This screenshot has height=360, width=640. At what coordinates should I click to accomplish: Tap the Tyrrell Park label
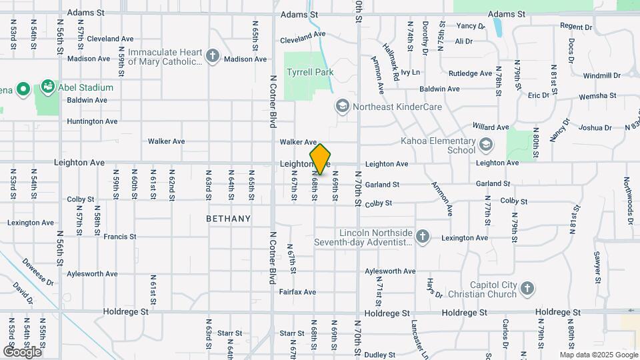pyautogui.click(x=309, y=71)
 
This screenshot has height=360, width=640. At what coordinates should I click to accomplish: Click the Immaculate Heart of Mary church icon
pyautogui.click(x=213, y=56)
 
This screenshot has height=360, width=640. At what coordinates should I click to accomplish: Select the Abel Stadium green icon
pyautogui.click(x=47, y=87)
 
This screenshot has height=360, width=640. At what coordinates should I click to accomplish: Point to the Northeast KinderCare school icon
pyautogui.click(x=342, y=106)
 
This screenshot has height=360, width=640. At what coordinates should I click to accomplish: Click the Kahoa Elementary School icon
pyautogui.click(x=486, y=144)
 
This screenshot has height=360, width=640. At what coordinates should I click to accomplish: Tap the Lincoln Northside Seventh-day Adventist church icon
pyautogui.click(x=422, y=236)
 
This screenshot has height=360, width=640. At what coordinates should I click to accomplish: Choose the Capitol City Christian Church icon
pyautogui.click(x=527, y=289)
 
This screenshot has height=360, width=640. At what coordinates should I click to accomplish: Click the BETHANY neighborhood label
pyautogui.click(x=229, y=219)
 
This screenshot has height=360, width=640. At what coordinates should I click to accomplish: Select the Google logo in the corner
pyautogui.click(x=22, y=351)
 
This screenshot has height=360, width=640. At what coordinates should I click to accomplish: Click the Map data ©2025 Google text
pyautogui.click(x=599, y=355)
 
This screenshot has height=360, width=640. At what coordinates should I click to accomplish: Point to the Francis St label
pyautogui.click(x=120, y=237)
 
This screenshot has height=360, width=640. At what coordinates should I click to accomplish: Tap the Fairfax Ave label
pyautogui.click(x=297, y=292)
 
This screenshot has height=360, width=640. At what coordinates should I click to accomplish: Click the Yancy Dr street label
pyautogui.click(x=471, y=26)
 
